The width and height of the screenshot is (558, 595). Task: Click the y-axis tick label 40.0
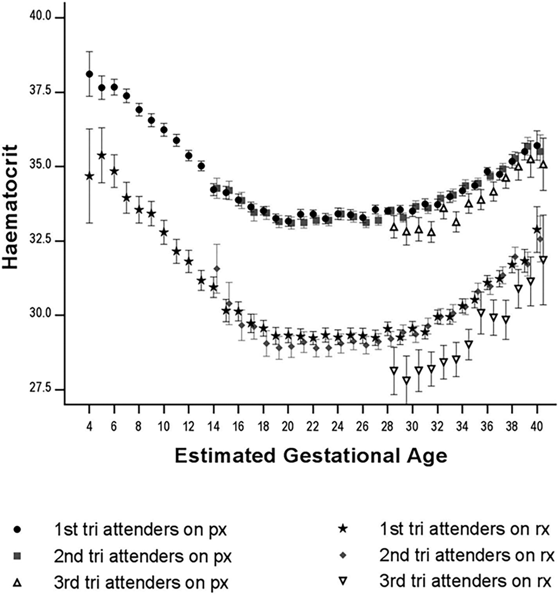coord(40,17)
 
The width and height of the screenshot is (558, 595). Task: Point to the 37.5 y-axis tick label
coord(40,92)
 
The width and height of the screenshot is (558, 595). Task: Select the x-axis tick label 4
coord(89,427)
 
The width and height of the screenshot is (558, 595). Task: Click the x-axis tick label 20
coord(288,427)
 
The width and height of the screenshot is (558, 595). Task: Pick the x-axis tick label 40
coord(537,427)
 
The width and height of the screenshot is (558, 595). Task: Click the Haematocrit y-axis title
coord(10,207)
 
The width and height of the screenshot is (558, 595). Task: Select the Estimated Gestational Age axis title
coord(311,456)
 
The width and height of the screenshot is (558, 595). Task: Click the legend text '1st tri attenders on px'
coord(140,530)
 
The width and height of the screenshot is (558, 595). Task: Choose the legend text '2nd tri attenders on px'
coord(143,556)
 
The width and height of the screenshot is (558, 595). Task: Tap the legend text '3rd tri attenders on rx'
coord(465,581)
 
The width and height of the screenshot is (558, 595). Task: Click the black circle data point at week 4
coord(89,74)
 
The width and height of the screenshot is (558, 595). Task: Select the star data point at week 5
coord(102,155)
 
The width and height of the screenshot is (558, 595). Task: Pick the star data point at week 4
coord(89,176)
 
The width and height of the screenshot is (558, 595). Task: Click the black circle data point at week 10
coord(164,130)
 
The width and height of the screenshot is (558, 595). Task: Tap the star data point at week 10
coord(164,232)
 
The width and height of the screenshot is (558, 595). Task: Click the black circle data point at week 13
coord(201,166)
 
